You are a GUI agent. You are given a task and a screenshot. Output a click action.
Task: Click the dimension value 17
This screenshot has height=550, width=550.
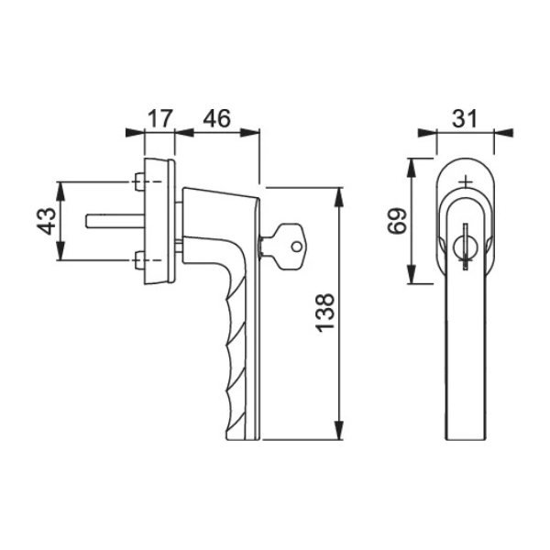point(159,118)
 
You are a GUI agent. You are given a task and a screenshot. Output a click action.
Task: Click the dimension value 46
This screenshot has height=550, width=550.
point(216,118)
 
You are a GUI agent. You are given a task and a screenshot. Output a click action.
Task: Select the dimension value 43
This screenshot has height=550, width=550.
point(47,221)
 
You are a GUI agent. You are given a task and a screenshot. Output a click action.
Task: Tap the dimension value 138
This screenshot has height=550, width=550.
point(325,313)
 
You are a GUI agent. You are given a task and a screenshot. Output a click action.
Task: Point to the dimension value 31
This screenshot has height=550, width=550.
point(465,118)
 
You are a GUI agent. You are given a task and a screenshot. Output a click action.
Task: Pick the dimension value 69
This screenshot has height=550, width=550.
point(397,221)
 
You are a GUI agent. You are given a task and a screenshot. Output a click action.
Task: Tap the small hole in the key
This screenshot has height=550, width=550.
point(297,247)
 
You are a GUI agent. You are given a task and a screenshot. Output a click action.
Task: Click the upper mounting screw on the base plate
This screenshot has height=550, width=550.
point(139,181)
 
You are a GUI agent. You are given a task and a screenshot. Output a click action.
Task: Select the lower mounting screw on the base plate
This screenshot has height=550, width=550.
point(139,260)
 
